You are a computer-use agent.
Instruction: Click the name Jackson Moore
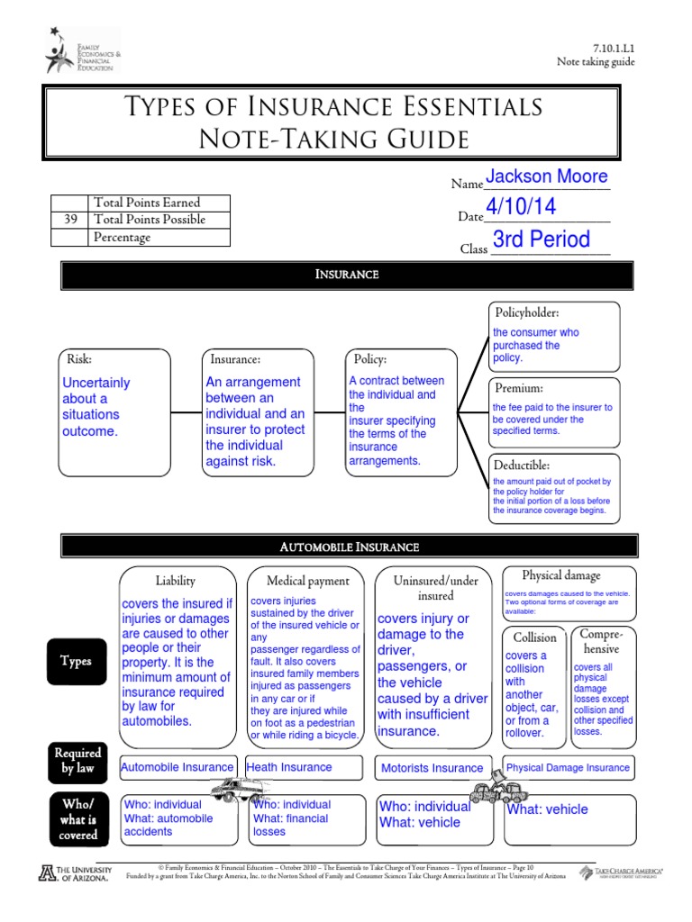(547, 176)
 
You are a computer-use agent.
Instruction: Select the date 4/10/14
(520, 207)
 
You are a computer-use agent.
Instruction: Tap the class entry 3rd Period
(542, 240)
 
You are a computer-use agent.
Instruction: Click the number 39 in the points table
(70, 220)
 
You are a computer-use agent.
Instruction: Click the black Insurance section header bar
(348, 275)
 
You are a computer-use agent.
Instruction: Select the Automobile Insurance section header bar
(348, 547)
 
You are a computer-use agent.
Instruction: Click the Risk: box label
(80, 358)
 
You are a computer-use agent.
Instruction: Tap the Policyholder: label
(528, 312)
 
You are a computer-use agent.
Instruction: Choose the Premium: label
(518, 388)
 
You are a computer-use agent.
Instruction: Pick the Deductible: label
(522, 465)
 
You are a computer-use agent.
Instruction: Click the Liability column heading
(175, 581)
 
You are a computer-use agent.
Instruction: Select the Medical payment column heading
(308, 582)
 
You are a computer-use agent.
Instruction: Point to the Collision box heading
(535, 637)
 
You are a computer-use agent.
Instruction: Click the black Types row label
(76, 661)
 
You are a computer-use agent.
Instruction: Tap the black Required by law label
(77, 760)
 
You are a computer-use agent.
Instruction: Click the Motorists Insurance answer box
(432, 768)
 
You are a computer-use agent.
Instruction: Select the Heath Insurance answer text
(289, 767)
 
